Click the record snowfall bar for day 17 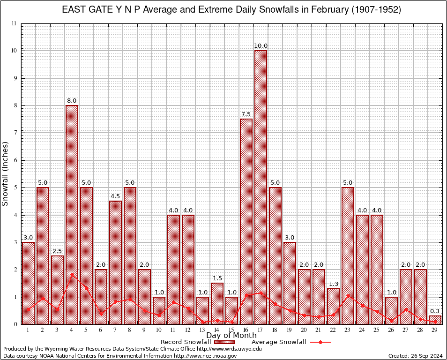[261, 187]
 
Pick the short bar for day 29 [435, 320]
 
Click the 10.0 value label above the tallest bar [261, 46]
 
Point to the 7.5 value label [246, 114]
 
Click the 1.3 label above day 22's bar [333, 284]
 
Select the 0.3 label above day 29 [435, 311]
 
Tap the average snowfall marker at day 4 [72, 274]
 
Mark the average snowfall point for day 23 [348, 295]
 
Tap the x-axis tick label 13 [202, 330]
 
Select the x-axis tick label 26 [391, 330]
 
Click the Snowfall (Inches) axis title [6, 173]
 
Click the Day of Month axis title [231, 336]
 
